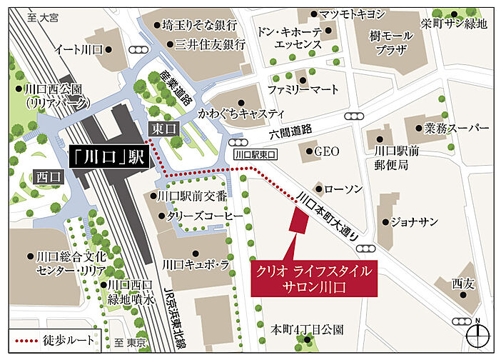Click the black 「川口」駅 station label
108,157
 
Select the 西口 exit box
50,174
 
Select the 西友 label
462,284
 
